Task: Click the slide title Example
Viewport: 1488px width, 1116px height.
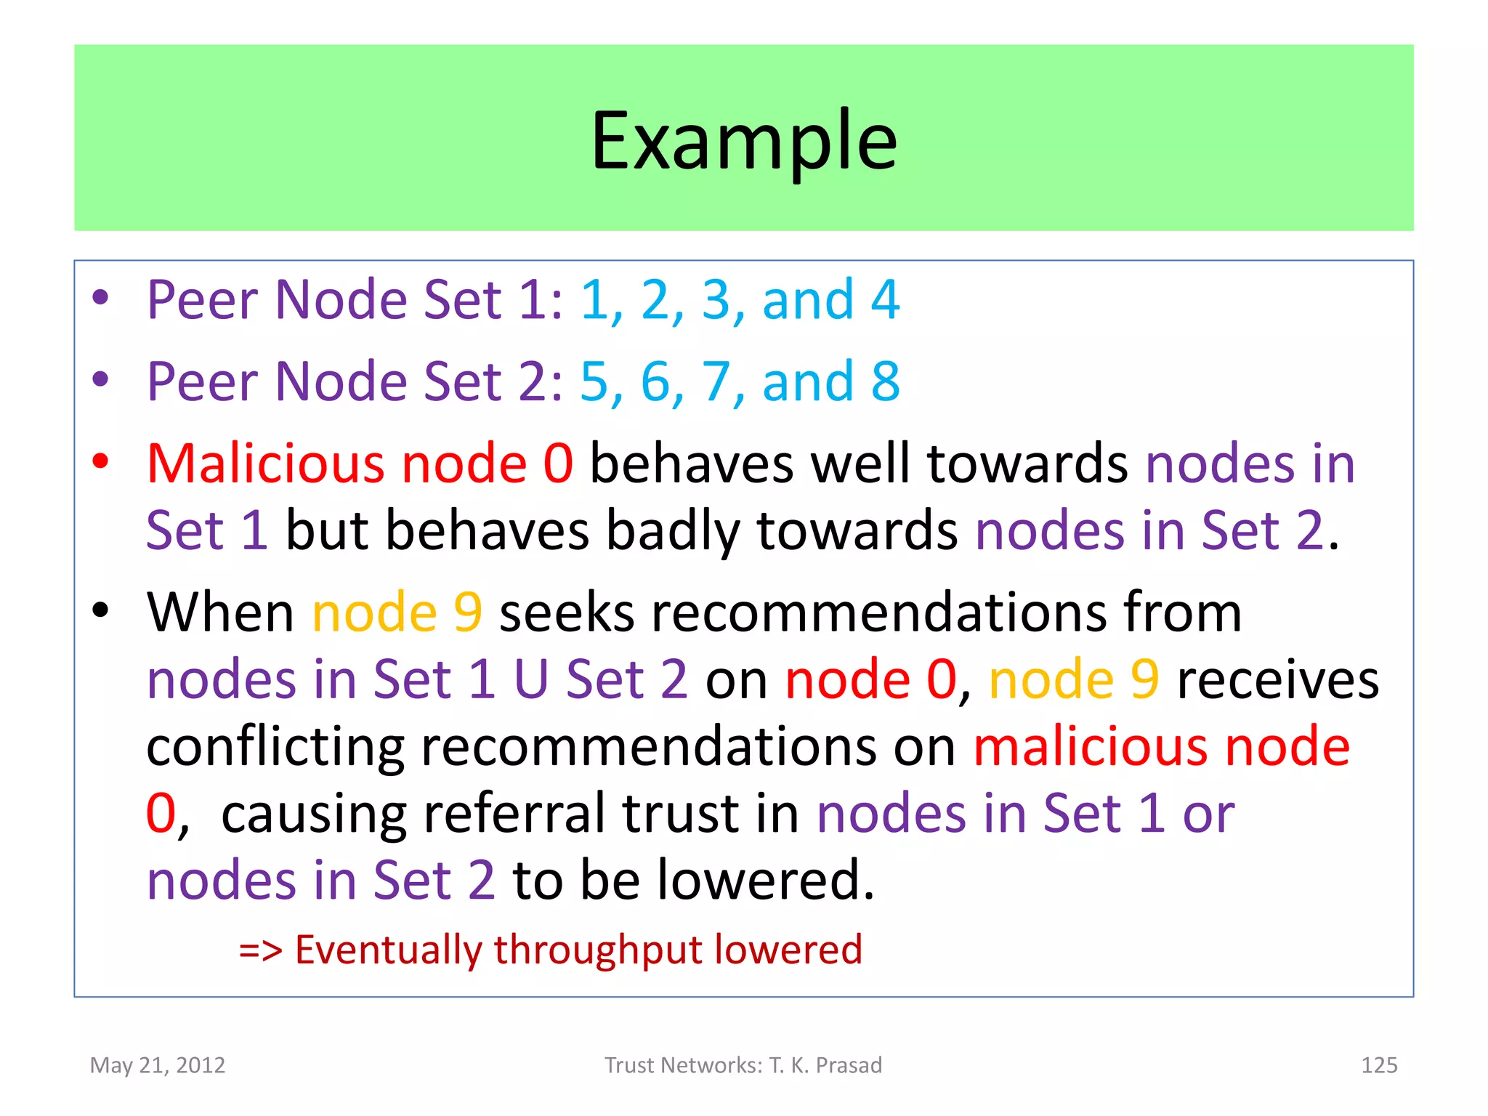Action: click(744, 141)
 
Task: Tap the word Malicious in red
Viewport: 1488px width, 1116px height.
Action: click(264, 463)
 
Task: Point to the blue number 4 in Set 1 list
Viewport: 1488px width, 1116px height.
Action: click(885, 299)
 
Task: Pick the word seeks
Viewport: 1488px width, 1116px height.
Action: click(567, 612)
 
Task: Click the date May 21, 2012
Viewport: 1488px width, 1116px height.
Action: click(158, 1065)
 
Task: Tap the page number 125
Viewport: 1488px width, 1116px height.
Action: click(1378, 1065)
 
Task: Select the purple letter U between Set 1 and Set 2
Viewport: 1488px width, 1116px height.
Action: click(530, 679)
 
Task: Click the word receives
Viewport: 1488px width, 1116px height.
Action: click(1277, 681)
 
